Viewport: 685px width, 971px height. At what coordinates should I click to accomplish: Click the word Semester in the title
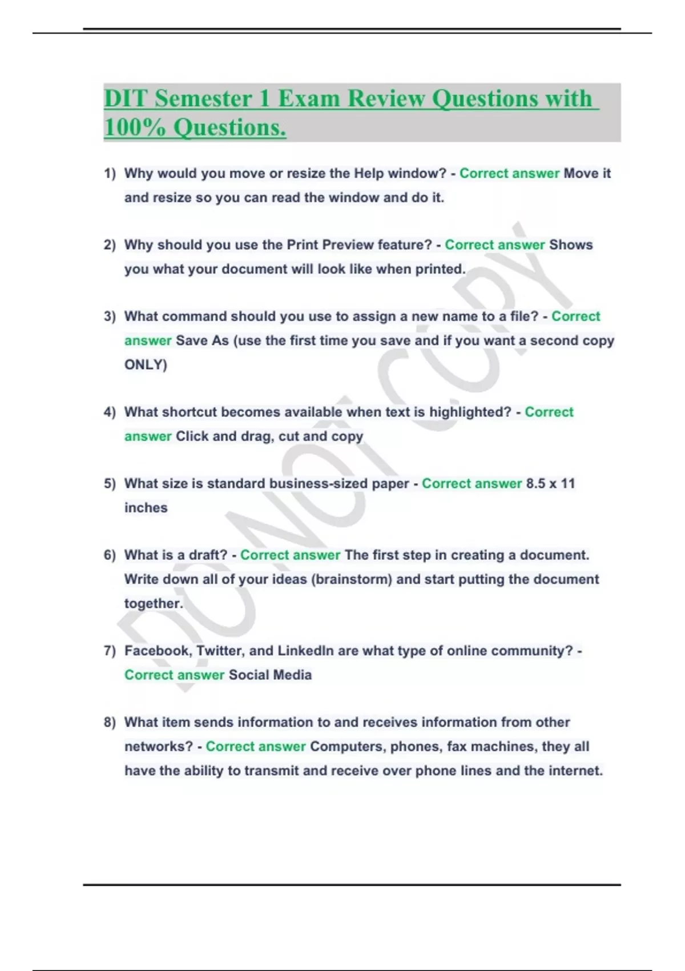[x=203, y=98]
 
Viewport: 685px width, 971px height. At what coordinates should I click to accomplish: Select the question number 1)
[x=110, y=174]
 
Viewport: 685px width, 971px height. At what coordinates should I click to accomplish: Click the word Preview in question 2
[x=347, y=244]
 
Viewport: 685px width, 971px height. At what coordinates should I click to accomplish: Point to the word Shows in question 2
[x=571, y=244]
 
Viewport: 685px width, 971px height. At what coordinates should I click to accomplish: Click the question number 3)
[x=110, y=316]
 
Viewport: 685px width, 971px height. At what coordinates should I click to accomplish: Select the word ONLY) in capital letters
[x=146, y=364]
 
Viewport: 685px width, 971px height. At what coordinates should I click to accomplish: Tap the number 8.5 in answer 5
[x=535, y=483]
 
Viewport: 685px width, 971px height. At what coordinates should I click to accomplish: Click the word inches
[x=146, y=507]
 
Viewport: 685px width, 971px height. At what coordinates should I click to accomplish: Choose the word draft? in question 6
[x=208, y=555]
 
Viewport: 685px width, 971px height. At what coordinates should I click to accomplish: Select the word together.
[x=154, y=603]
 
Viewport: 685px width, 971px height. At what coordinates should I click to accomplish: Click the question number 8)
[x=110, y=722]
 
